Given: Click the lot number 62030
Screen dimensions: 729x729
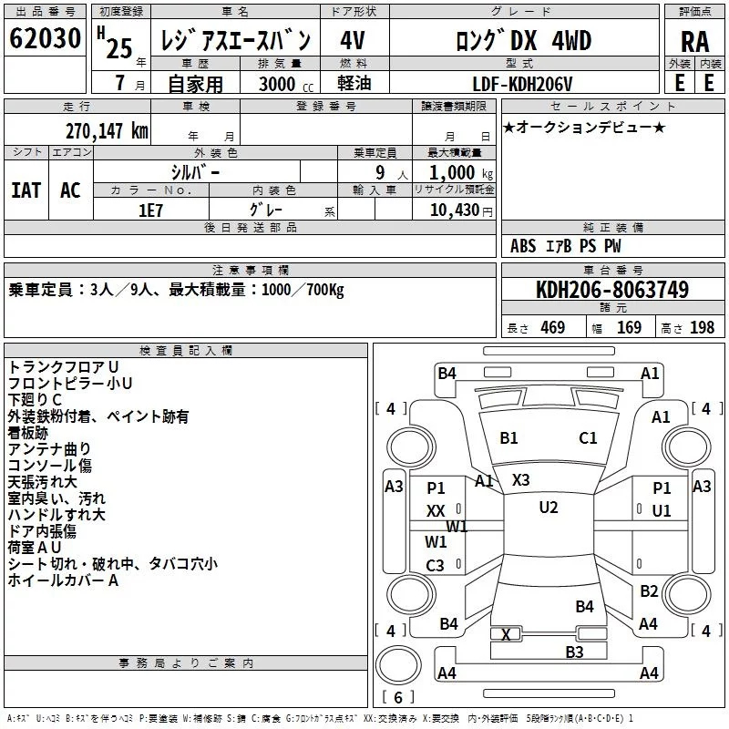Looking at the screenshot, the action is [45, 38].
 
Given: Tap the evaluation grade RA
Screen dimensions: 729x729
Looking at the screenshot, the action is [695, 42].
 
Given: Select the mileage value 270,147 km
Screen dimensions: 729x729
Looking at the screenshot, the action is [107, 131].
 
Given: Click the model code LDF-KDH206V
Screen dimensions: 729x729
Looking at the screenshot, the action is [522, 84].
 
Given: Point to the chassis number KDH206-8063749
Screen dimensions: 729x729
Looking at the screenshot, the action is [612, 289].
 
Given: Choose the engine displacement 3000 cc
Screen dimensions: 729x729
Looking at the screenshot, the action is [286, 84].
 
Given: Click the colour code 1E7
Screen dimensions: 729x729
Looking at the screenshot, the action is [150, 210].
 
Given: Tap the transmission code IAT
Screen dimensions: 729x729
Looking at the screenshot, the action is [26, 190].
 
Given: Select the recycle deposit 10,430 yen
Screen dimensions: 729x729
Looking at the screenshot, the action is [461, 210].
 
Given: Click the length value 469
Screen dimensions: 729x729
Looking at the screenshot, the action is [553, 327].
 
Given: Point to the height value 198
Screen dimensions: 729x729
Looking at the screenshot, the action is [702, 327].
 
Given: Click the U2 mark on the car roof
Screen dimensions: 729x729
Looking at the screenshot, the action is [549, 508].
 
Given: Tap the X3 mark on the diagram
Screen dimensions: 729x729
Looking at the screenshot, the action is [520, 480].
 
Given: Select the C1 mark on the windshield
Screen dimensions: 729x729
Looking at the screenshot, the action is [588, 438].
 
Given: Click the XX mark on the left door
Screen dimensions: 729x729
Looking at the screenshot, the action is [436, 511].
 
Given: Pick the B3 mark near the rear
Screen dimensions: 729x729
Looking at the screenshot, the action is [574, 652].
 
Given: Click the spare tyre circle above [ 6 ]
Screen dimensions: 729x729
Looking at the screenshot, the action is [398, 664].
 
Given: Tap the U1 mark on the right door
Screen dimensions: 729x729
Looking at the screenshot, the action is [662, 511].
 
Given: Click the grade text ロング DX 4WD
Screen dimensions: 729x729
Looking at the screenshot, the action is [524, 41].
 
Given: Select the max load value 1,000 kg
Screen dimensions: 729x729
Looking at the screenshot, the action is [461, 173].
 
